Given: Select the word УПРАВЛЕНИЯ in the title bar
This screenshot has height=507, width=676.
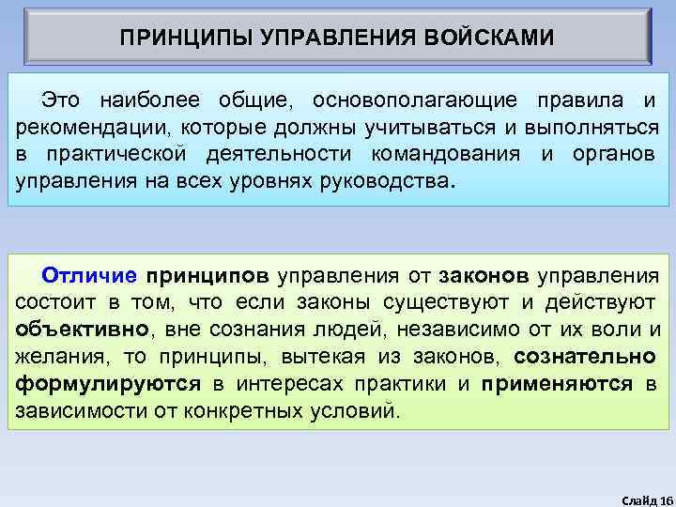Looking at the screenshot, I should pyautogui.click(x=329, y=38).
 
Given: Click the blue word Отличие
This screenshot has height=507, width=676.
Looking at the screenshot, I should pyautogui.click(x=90, y=275).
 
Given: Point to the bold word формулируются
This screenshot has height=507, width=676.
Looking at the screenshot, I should pyautogui.click(x=109, y=384).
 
